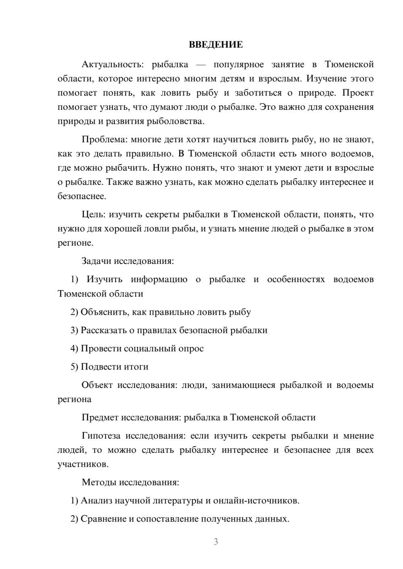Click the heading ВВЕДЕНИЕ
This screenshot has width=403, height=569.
[x=216, y=45]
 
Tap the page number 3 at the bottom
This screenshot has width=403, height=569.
[x=216, y=542]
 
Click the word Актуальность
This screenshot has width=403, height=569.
[x=112, y=64]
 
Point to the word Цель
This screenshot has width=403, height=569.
[x=93, y=214]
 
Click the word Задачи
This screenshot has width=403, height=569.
[x=96, y=261]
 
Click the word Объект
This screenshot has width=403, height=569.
[x=97, y=385]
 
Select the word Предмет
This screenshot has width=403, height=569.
[x=100, y=417]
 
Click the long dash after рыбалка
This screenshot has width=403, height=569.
[x=201, y=64]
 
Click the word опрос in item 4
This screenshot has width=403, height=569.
[x=191, y=348]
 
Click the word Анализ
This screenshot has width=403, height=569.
[x=96, y=501]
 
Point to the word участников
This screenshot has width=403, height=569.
[x=83, y=464]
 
